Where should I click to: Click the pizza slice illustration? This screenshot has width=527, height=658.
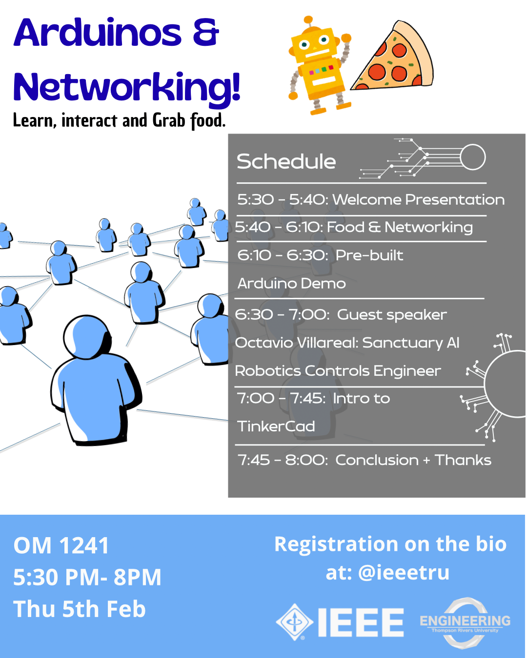pos(395,61)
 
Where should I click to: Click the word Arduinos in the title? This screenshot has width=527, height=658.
pos(98,33)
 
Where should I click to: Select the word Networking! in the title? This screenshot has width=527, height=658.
pos(127,88)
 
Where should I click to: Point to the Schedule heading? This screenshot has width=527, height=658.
pos(286,162)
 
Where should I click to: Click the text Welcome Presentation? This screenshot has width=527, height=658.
pos(418,200)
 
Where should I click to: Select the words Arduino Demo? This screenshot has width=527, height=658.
pos(291,284)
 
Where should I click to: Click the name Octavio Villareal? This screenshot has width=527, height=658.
pos(297,343)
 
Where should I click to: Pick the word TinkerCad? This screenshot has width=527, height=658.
pos(276,426)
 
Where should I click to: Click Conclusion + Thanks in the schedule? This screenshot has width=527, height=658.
pos(413,460)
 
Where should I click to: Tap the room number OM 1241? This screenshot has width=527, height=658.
pos(61,546)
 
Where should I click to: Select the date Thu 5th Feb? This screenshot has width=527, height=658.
pos(80,609)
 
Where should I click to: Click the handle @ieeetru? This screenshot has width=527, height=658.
pos(404,572)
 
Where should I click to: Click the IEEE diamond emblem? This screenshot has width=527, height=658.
pos(294,622)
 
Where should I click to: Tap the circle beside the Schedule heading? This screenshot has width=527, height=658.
pos(473,157)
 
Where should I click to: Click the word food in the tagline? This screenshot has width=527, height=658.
pos(206,120)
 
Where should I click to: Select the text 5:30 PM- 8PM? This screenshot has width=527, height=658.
pos(87,578)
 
